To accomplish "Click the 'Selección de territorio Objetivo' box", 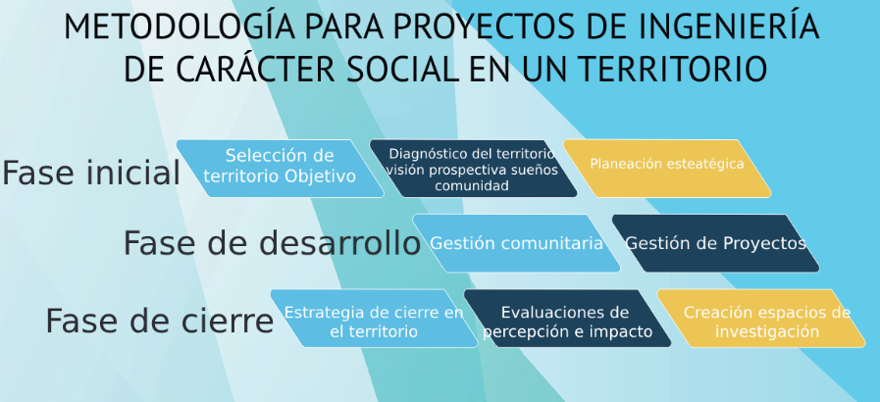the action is point(280,169).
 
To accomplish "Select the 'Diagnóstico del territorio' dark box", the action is point(473,169).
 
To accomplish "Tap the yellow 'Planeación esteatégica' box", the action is point(667,169).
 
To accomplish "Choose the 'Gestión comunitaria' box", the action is point(516,243).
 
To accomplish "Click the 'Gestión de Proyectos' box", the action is point(715,243).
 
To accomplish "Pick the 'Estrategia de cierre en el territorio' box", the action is point(375,319).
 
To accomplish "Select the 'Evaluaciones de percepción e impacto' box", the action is point(567,319).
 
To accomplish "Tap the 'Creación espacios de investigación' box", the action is point(761,319).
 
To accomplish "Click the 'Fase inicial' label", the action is point(91,173).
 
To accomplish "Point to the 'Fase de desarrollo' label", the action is point(272,243).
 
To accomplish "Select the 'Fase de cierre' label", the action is point(159,321).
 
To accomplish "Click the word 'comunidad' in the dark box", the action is point(472,185).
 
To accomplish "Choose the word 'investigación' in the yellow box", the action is point(766,331).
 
